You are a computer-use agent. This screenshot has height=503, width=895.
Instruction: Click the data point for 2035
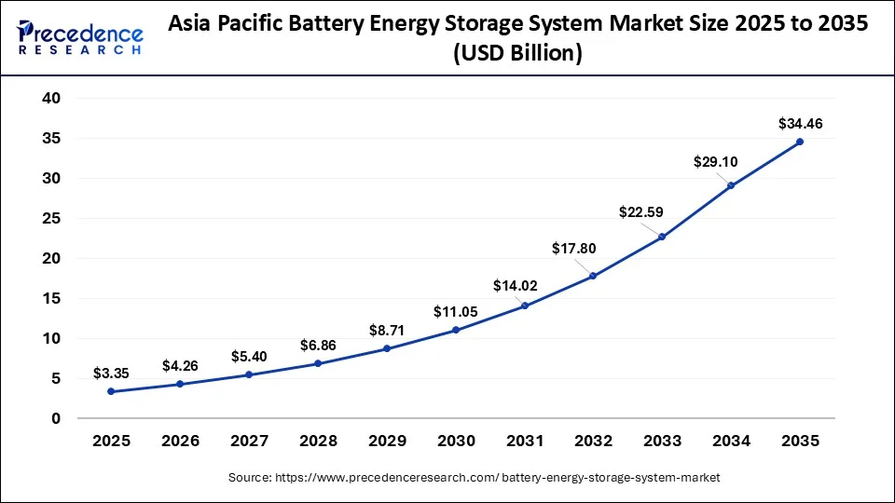799,142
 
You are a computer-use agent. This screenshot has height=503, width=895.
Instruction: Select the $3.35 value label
111,374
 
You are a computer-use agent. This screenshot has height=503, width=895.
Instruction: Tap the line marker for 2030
455,330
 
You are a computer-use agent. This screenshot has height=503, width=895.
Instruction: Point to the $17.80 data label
573,249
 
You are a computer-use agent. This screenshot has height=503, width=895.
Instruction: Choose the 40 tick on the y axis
50,98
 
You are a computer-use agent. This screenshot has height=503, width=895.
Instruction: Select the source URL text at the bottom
475,477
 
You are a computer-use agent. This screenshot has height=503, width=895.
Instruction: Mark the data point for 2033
662,237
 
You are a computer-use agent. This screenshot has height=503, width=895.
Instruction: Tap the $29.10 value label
715,162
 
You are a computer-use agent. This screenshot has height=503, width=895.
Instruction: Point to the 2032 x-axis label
593,440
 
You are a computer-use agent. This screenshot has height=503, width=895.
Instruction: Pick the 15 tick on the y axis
50,298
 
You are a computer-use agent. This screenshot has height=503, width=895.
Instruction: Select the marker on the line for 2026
180,384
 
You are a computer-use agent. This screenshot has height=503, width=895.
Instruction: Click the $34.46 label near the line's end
800,123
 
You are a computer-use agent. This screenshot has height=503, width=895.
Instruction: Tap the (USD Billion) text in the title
517,55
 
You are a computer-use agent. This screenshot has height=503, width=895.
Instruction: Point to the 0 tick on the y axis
55,418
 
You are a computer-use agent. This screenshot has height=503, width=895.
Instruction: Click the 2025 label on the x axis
111,440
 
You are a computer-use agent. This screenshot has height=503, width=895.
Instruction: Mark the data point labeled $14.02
524,306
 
